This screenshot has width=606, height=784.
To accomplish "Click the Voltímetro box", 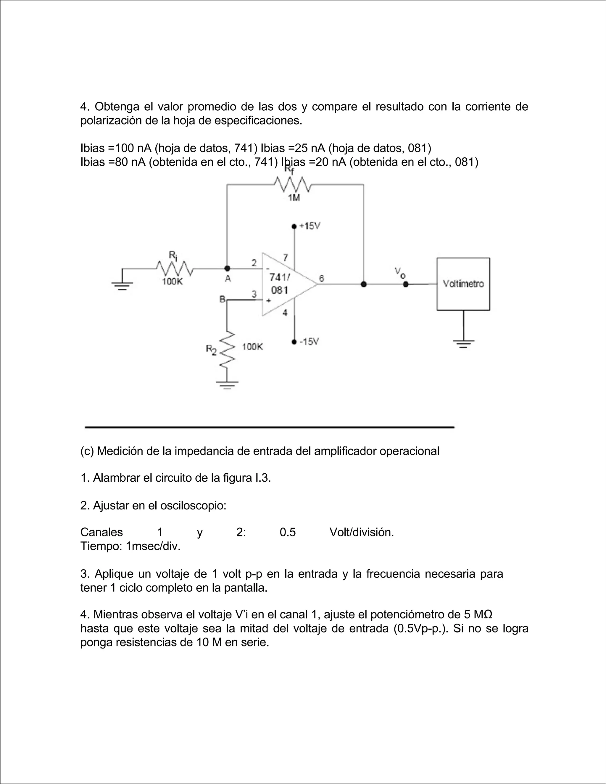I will (x=463, y=284).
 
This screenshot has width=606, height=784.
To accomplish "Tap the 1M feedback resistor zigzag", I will (x=293, y=185).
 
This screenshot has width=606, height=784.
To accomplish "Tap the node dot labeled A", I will (x=227, y=268).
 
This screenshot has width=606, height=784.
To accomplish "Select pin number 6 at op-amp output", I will (x=321, y=278).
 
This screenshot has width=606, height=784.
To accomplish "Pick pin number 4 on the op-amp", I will (x=285, y=313).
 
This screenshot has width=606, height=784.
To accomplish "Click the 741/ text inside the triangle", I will (x=280, y=278).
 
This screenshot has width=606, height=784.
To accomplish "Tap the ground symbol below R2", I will (x=227, y=385).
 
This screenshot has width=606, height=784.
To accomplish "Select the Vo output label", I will (x=400, y=273).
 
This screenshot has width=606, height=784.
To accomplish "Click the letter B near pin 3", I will (x=222, y=299).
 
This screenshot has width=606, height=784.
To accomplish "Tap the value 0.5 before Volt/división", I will (x=288, y=532).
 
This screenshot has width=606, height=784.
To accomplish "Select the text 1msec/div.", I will (x=153, y=546).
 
